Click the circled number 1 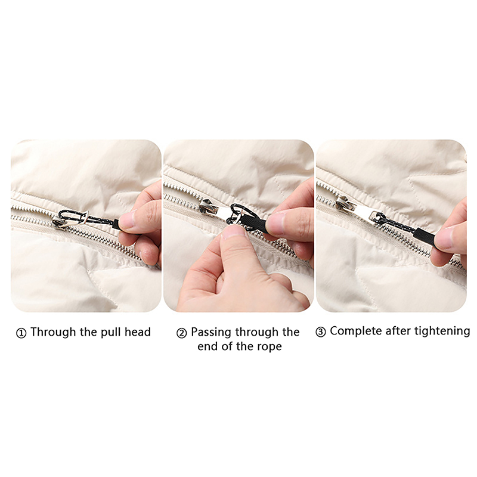pyautogui.click(x=21, y=333)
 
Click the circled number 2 pyautogui.click(x=181, y=333)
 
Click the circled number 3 pyautogui.click(x=321, y=332)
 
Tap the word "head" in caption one pyautogui.click(x=138, y=332)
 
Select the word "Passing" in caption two pyautogui.click(x=212, y=332)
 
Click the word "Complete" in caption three pyautogui.click(x=355, y=332)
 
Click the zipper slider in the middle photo pyautogui.click(x=209, y=207)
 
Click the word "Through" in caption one pyautogui.click(x=53, y=332)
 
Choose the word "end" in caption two pyautogui.click(x=207, y=347)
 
